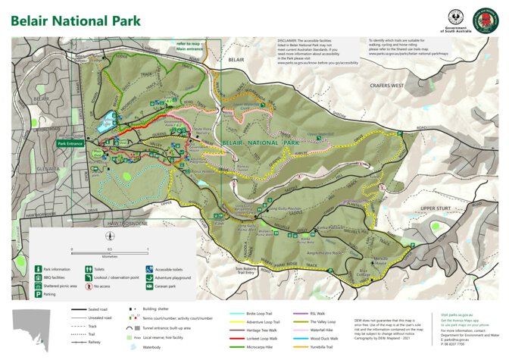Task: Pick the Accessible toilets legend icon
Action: tap(148, 268)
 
